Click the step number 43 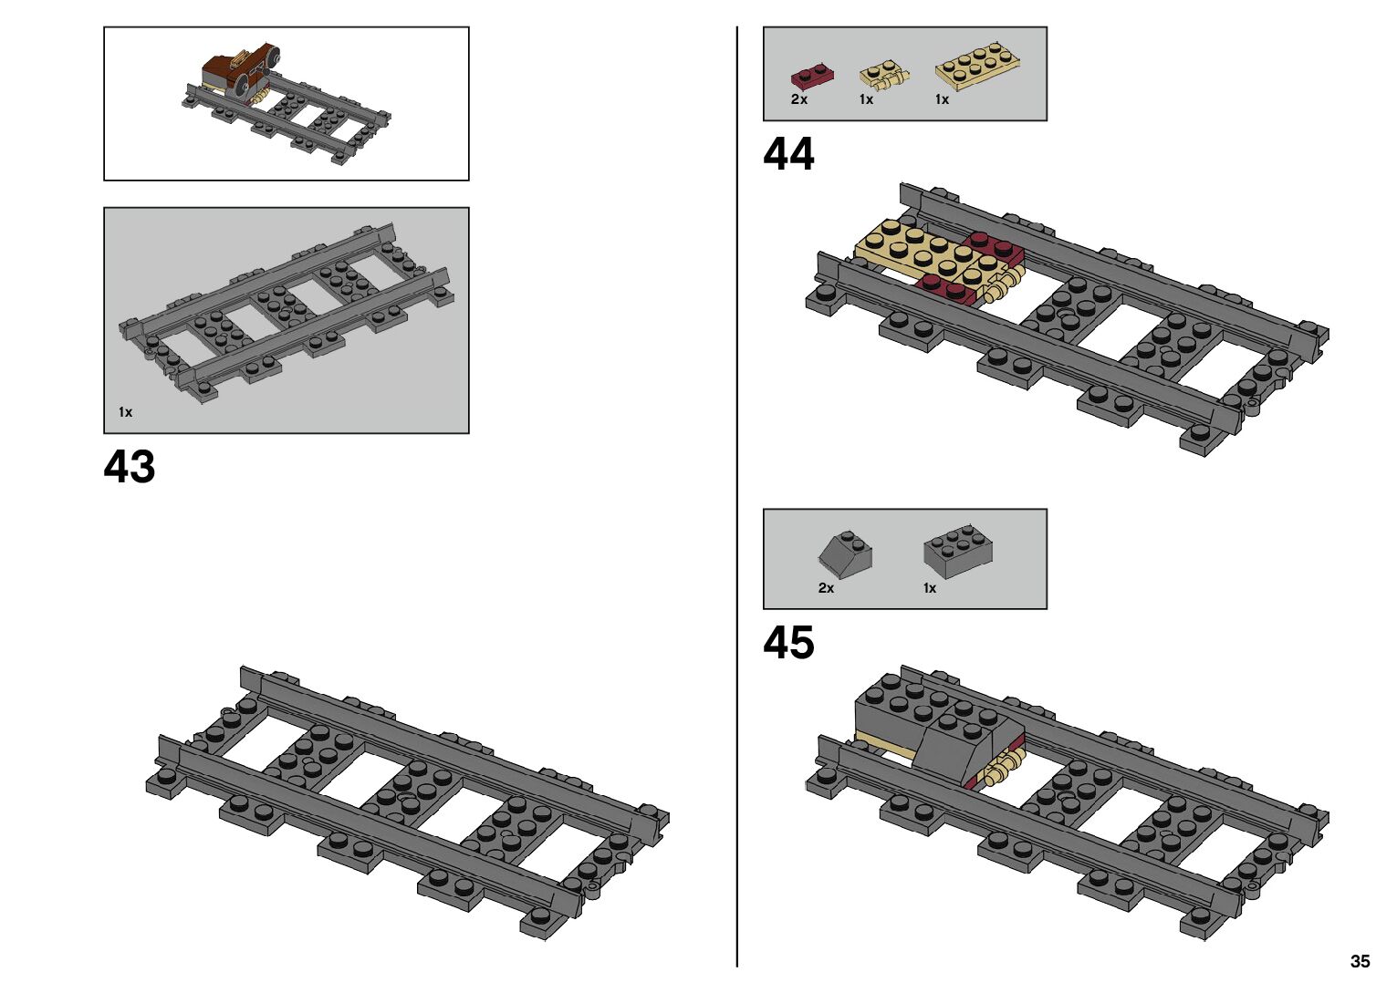point(130,467)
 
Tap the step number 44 point(788,154)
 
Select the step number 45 point(788,643)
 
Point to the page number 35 point(1360,961)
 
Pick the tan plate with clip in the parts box point(883,74)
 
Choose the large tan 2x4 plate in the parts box point(976,65)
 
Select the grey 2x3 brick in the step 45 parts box point(957,550)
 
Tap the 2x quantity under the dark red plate point(799,99)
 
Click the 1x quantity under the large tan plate point(942,99)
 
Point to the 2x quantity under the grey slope point(826,588)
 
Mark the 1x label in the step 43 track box point(125,412)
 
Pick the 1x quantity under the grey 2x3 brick point(929,588)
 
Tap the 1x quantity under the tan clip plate point(866,99)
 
